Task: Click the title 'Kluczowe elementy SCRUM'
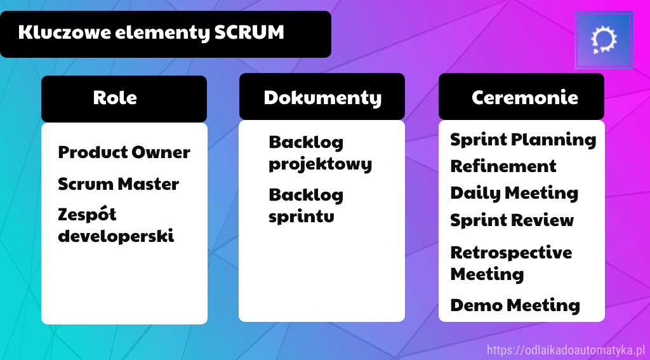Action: coord(151,33)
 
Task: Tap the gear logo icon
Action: coord(604,39)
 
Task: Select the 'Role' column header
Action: coord(115,98)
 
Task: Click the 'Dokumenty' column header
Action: coord(322,98)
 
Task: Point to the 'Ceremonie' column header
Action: coord(524,98)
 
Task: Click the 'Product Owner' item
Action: coord(124,152)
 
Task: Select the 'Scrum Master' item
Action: coord(118,184)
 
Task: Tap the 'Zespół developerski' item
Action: coord(116,225)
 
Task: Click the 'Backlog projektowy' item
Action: coord(320,152)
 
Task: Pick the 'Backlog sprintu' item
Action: coord(306,205)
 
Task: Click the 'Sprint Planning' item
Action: coord(523,140)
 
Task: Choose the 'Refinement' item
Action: coord(503,166)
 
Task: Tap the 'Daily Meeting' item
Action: coord(514,193)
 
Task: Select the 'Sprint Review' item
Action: coord(512,220)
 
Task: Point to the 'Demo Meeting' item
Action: coord(515,305)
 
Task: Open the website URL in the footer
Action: coord(566,350)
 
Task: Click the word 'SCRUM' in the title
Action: coord(249,33)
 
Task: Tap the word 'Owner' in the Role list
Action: coord(161,152)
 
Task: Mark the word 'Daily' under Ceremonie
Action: coord(471,193)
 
